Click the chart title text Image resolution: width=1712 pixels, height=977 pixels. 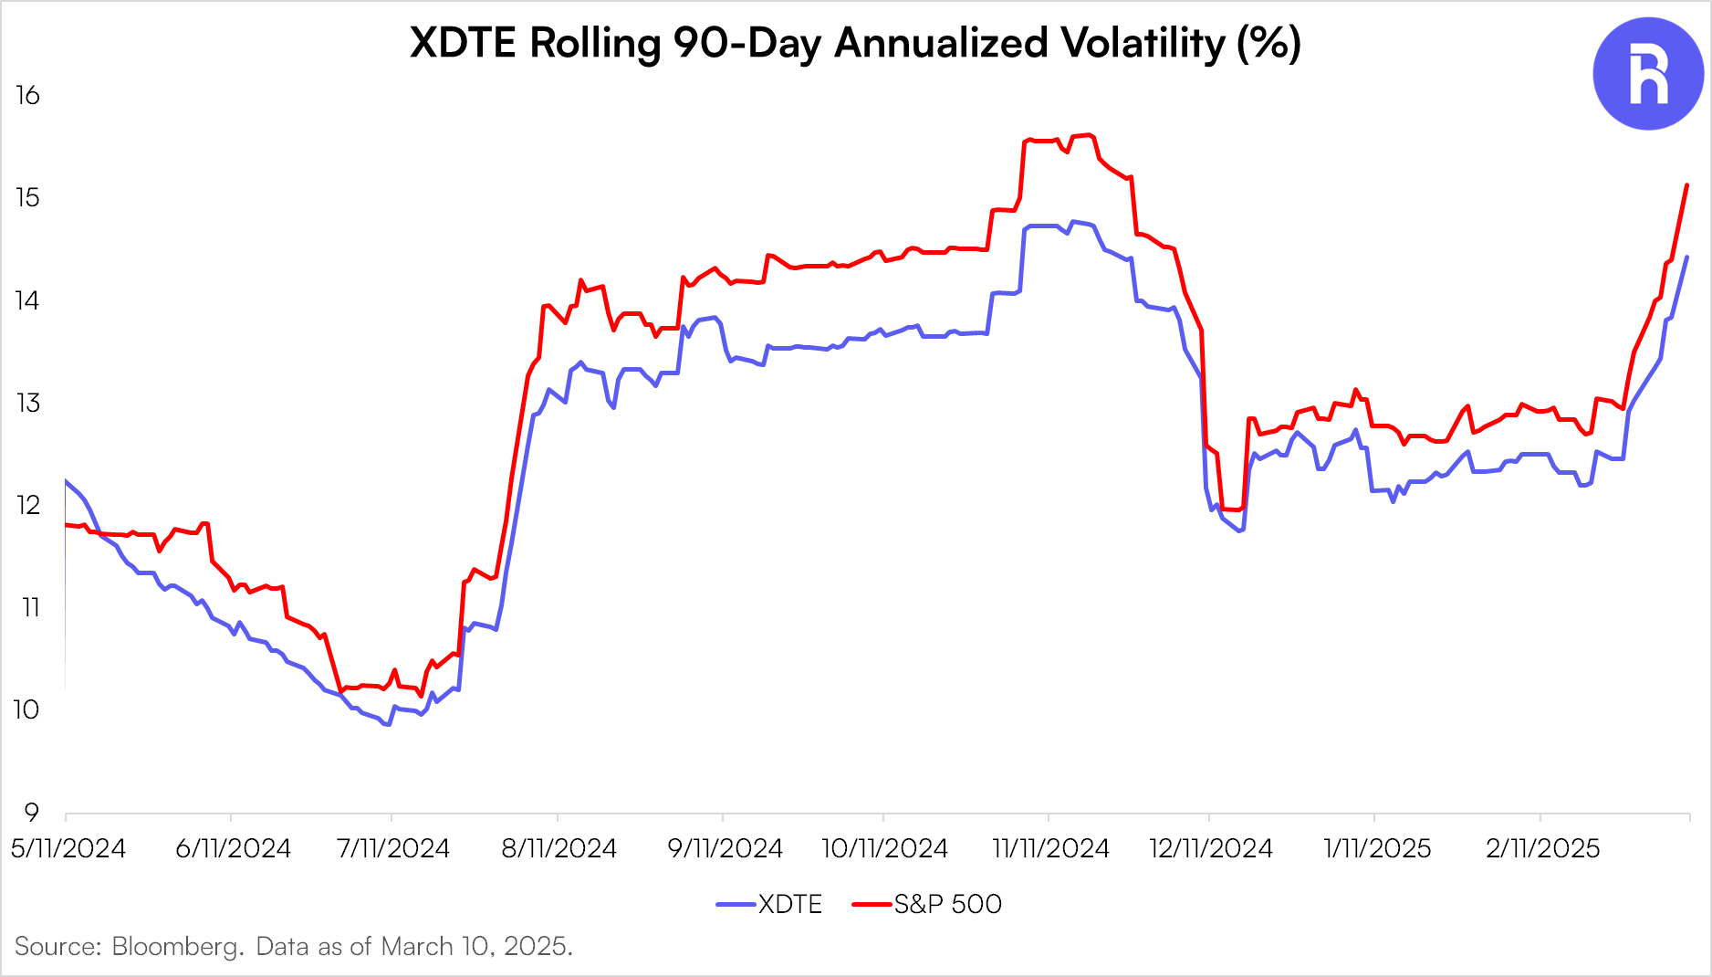[855, 42]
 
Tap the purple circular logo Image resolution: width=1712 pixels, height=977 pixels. [1648, 74]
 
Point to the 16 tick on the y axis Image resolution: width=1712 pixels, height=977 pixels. [27, 95]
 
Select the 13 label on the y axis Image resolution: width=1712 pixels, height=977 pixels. [27, 403]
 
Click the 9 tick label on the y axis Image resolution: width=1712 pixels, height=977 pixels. [31, 812]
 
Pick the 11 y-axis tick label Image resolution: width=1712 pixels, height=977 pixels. [30, 607]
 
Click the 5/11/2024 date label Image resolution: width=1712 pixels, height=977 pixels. [68, 848]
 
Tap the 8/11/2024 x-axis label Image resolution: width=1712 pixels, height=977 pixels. [558, 848]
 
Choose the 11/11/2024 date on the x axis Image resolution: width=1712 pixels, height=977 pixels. [1050, 848]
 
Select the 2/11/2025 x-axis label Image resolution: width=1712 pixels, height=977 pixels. [1542, 848]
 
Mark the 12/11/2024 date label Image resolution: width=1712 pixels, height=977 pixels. [1210, 848]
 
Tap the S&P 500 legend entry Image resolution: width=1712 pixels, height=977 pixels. [927, 904]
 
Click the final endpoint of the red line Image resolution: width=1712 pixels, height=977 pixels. [1686, 185]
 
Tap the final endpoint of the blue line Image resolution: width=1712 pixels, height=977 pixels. [1686, 257]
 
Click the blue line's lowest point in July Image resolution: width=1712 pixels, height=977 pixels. [388, 724]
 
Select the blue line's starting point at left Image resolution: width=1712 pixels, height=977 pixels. [66, 480]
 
